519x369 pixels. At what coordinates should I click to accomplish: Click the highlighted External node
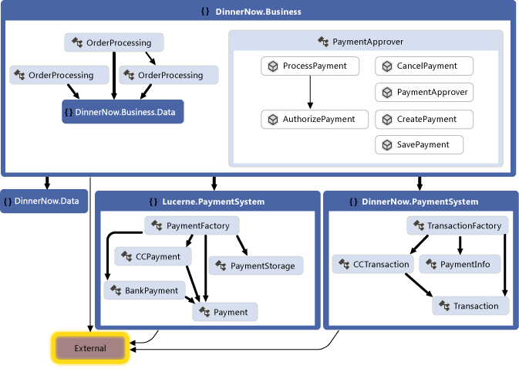coord(91,348)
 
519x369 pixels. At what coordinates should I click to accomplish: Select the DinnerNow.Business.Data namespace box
coord(123,112)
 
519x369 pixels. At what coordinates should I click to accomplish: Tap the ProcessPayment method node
coord(309,66)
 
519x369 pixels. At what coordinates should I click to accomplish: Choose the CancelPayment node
coord(423,66)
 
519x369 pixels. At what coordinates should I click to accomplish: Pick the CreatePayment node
coord(423,119)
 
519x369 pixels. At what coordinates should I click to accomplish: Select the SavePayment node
coord(419,144)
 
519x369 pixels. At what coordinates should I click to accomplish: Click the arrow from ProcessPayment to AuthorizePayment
coord(310,93)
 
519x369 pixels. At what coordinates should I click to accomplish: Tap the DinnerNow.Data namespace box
coord(45,201)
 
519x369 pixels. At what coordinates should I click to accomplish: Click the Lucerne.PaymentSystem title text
coord(213,201)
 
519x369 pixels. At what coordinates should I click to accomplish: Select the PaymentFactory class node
coord(192,225)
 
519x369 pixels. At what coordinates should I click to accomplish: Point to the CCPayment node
coord(152,256)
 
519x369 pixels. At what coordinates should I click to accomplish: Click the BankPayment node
coord(144,290)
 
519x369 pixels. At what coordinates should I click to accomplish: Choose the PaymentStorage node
coord(255,266)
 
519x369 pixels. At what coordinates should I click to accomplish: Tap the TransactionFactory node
coord(457,225)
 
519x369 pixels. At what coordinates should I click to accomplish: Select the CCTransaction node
coord(372,264)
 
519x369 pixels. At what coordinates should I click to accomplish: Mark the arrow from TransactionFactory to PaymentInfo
coord(460,245)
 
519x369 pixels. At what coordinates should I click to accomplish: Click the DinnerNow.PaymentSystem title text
coord(420,201)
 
